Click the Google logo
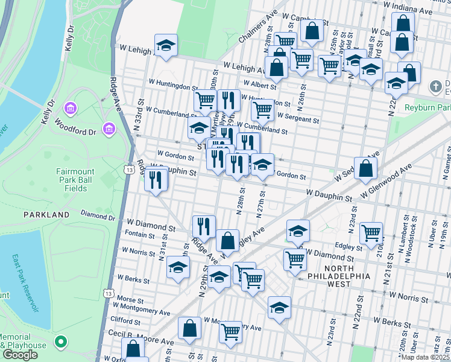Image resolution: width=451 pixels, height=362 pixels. coord(20,355)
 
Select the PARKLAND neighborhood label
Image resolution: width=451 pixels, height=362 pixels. coord(46,214)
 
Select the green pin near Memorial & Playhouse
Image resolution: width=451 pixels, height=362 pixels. coord(60,342)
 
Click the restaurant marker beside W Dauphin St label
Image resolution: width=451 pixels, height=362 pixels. coord(156,180)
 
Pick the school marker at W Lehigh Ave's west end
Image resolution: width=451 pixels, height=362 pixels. coord(165,46)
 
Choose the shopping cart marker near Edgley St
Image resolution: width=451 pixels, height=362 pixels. coord(371,232)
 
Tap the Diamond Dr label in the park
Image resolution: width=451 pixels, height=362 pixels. coord(98,216)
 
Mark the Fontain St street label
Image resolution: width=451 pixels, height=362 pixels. coord(139,233)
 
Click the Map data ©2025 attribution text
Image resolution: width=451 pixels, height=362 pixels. coord(426,357)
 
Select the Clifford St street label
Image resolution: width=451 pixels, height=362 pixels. coord(125,320)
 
